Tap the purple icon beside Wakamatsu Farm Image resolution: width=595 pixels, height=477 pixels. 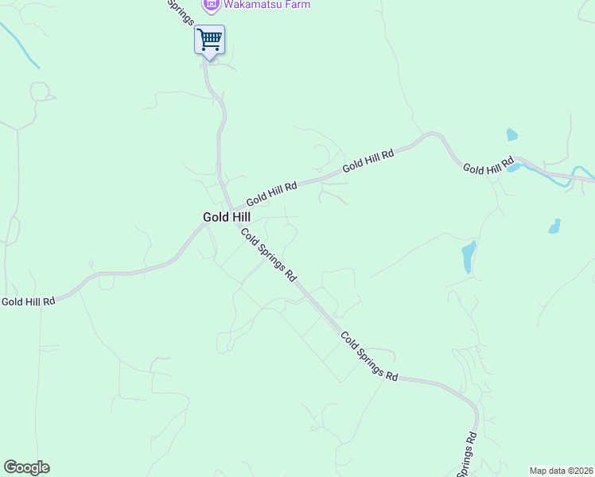[x=211, y=5]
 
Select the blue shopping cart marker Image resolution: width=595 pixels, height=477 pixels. [x=209, y=39]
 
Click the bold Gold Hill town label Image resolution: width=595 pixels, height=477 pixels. [x=227, y=216]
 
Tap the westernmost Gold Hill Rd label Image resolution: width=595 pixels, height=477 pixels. [x=28, y=301]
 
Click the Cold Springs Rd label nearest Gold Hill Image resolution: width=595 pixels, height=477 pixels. [x=269, y=255]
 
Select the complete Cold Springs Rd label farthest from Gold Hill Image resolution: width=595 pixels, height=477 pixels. [x=369, y=356]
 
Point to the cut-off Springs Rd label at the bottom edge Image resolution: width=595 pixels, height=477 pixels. [x=468, y=455]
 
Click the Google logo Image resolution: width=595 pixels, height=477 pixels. [x=26, y=467]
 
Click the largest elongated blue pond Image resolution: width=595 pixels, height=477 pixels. [x=469, y=256]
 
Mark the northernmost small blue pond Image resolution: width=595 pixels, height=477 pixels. [x=511, y=134]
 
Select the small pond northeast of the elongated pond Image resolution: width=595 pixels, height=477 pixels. [x=554, y=226]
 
